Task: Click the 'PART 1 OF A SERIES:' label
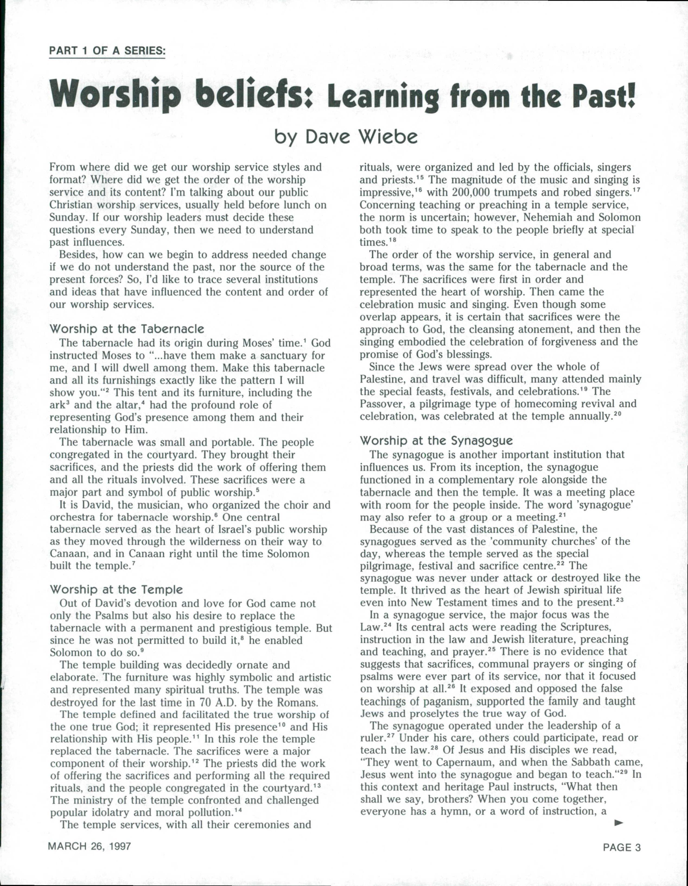click(107, 51)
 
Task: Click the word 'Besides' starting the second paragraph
click(78, 255)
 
